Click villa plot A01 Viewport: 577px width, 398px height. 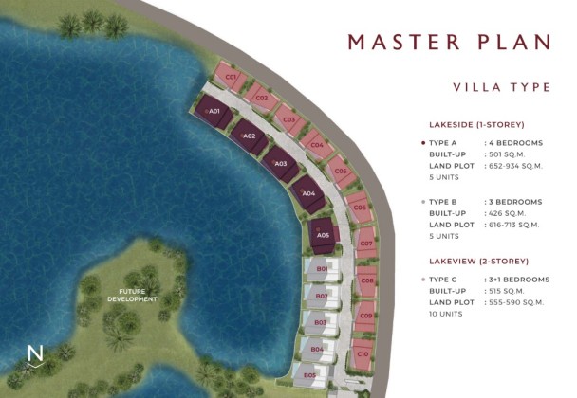214,112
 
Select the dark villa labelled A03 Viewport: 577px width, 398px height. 281,164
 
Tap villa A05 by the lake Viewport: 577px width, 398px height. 323,235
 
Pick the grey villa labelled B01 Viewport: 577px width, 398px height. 322,269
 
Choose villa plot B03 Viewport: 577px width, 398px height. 321,322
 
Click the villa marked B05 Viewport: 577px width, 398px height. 311,375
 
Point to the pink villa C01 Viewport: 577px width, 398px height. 231,77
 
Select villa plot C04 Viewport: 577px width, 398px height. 317,145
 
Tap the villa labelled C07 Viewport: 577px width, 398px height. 365,243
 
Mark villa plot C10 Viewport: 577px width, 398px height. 363,353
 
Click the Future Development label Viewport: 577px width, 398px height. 132,295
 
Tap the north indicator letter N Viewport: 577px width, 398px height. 35,353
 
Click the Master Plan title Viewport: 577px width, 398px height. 449,42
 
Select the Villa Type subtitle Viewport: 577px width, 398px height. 502,87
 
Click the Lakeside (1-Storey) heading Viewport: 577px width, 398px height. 476,125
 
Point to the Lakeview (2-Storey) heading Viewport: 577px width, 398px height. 478,262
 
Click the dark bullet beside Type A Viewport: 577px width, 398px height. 423,143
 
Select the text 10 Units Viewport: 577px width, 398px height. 446,314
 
